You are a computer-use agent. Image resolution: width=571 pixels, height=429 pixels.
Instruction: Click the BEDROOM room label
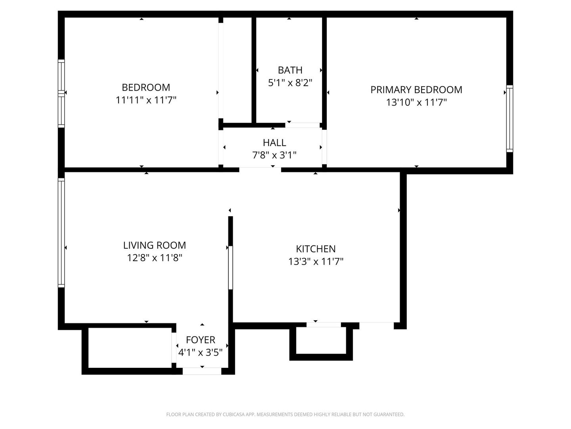click(x=146, y=87)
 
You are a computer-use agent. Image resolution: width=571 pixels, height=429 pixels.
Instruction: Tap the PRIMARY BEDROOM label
click(x=416, y=90)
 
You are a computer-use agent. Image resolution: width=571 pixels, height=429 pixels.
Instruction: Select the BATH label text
click(x=290, y=70)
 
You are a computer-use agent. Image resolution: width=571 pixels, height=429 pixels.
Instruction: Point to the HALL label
click(x=274, y=143)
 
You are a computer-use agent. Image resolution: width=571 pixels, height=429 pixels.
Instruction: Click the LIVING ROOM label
click(x=155, y=245)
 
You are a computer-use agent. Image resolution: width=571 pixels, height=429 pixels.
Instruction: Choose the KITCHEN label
click(x=316, y=249)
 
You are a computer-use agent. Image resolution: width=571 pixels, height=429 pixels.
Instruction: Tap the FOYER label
click(x=200, y=340)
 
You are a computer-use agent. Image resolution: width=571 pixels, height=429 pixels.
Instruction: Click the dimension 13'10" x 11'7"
click(x=416, y=102)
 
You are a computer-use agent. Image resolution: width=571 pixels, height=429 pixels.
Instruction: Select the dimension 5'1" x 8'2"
click(x=290, y=83)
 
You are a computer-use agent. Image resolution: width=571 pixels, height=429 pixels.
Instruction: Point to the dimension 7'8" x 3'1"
click(x=274, y=155)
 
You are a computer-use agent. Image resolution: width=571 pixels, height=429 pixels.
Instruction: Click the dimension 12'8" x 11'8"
click(x=155, y=258)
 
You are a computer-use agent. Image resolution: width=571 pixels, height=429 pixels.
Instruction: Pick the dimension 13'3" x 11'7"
click(x=316, y=261)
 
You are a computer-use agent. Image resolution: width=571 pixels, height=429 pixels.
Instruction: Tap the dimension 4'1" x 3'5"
click(x=200, y=352)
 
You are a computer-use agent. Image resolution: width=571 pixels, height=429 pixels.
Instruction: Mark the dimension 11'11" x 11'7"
click(x=146, y=100)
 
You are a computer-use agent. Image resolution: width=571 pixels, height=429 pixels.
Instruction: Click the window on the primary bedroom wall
click(x=510, y=118)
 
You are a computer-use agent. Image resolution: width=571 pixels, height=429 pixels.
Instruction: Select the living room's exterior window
click(x=61, y=233)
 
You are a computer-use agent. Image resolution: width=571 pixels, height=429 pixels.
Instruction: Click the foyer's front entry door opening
click(x=202, y=371)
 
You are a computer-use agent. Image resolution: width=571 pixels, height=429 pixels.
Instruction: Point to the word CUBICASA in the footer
click(x=234, y=414)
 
